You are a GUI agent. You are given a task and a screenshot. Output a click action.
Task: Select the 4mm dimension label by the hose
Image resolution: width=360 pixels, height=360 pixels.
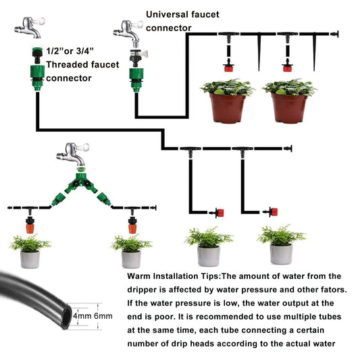click(x=82, y=315)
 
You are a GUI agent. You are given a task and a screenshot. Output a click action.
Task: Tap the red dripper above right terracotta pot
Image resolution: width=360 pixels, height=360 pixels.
click(x=288, y=67)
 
